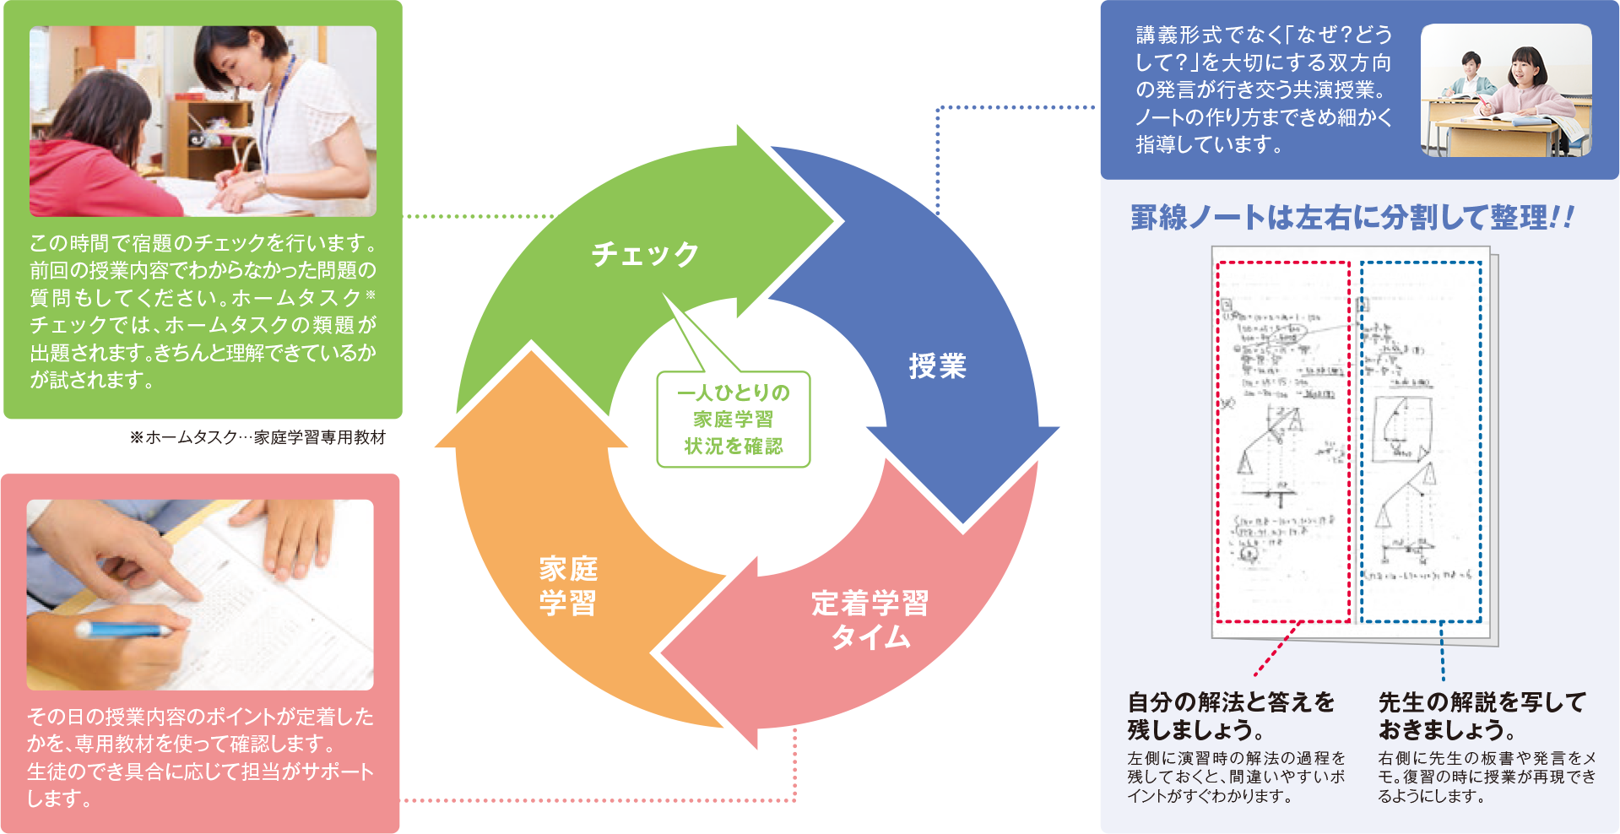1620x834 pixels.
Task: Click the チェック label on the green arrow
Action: click(645, 254)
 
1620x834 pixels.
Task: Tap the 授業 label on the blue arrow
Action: click(937, 366)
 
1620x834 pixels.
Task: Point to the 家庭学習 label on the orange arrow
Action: click(568, 586)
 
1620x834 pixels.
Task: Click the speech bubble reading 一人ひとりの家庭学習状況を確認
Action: click(733, 420)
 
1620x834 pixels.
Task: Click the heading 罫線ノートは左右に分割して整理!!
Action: click(1352, 218)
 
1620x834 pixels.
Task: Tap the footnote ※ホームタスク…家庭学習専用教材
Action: click(257, 437)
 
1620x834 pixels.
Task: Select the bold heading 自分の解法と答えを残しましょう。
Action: click(1232, 715)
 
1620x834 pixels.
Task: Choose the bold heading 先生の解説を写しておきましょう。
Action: click(1482, 715)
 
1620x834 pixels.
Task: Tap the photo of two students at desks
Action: click(1506, 90)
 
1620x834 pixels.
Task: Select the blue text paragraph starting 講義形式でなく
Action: click(1263, 89)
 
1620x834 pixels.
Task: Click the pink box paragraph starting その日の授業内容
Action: click(201, 757)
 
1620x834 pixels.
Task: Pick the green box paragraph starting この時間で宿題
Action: click(203, 311)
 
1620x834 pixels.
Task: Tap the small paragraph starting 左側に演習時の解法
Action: click(1236, 777)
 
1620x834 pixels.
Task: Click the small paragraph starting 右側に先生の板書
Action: click(1487, 777)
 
